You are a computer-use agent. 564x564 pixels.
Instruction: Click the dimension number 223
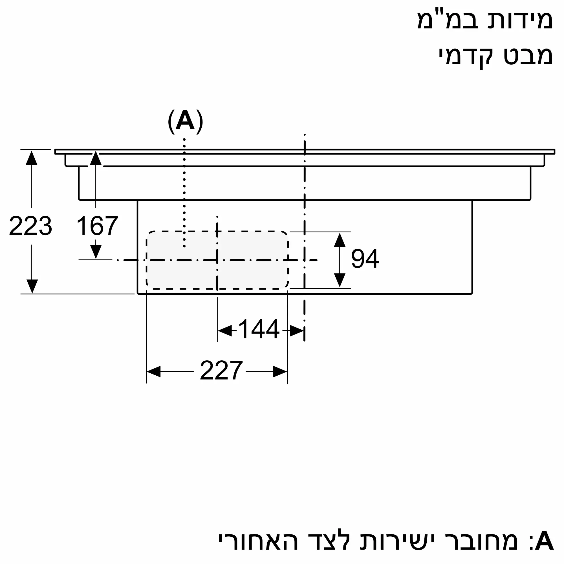[31, 226]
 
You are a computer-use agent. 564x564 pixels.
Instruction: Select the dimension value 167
[97, 226]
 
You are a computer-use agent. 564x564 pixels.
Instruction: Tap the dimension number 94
[365, 259]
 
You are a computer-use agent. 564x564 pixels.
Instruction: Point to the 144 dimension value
[259, 330]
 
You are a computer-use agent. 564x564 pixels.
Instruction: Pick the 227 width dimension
[221, 371]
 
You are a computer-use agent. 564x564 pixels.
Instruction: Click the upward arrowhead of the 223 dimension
[32, 158]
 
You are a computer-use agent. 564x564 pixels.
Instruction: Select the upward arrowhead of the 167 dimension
[96, 158]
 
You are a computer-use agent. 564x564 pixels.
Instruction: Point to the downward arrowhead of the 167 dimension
[96, 251]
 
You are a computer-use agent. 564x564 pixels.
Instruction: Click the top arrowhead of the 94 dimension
[340, 240]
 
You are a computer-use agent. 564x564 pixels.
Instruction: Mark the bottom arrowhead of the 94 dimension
[340, 280]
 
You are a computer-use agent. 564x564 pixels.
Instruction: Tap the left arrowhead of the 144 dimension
[225, 331]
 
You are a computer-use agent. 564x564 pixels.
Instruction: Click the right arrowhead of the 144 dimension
[297, 331]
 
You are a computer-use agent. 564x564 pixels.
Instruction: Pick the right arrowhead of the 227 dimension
[280, 372]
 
